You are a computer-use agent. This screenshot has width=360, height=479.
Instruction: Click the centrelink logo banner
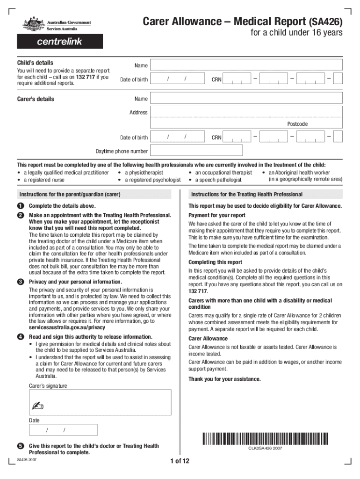60,42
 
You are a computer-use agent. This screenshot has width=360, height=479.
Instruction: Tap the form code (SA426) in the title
325,22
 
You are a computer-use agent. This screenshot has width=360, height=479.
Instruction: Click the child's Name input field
246,65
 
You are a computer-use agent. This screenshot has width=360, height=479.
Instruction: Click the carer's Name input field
246,99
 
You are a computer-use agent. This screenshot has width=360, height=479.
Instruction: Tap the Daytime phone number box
197,150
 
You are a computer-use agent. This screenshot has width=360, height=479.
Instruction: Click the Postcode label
297,124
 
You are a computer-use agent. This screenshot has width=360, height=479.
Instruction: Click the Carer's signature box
100,403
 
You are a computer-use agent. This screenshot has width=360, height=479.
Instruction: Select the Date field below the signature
63,430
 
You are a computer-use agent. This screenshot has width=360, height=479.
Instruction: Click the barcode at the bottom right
265,439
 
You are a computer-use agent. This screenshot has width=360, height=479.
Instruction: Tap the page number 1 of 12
180,462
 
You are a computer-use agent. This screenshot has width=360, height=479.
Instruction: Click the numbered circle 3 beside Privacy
21,282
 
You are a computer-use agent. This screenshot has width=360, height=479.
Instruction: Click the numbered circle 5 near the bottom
21,446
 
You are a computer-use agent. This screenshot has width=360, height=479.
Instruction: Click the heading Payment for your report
216,215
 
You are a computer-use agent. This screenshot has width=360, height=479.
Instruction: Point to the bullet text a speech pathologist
218,180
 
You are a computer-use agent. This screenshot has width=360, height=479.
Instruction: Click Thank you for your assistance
224,379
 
